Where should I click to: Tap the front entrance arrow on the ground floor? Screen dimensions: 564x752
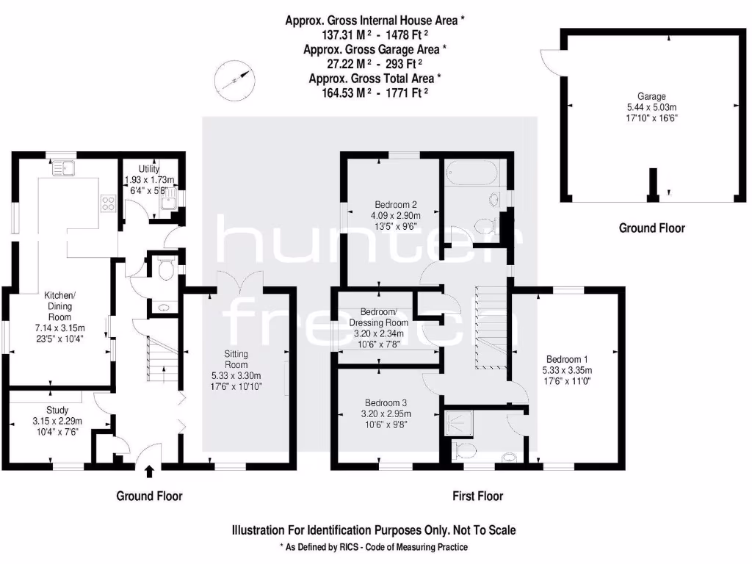coord(151,471)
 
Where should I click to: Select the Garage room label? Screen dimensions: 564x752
coord(651,96)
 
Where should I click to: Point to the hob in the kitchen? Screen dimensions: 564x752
coord(109,202)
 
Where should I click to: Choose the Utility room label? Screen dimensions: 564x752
coord(149,169)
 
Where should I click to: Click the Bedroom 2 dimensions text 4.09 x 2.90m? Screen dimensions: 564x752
coord(397,215)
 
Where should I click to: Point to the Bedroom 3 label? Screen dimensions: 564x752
coord(386,403)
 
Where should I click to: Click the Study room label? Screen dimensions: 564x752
coord(57,411)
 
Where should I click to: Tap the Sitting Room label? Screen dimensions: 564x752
coord(236,359)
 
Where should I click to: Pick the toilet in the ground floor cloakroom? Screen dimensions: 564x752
coord(165,270)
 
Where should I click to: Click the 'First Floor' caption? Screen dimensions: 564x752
coord(477,496)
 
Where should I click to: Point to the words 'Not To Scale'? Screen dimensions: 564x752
coord(479,529)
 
